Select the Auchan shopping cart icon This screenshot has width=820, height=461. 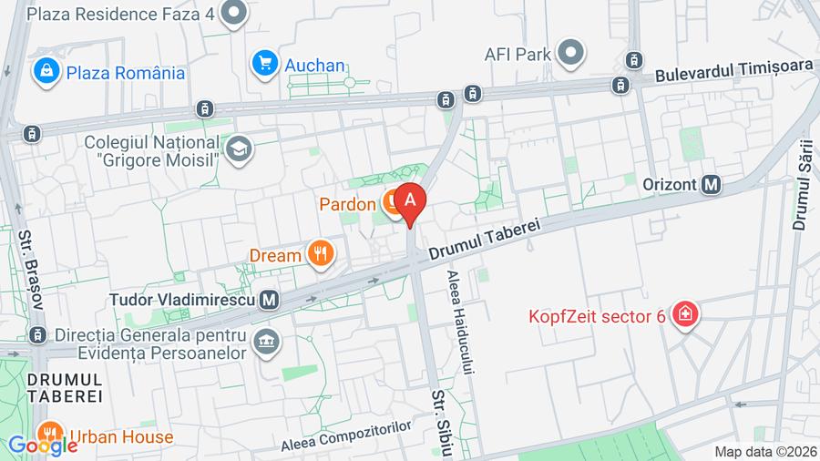[x=265, y=63]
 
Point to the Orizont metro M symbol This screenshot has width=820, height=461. [x=712, y=184]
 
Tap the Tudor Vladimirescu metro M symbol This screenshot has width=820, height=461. [x=269, y=299]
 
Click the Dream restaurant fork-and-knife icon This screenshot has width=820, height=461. [x=319, y=253]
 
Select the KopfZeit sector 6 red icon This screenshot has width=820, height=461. [x=681, y=315]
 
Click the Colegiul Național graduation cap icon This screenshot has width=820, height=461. [x=239, y=149]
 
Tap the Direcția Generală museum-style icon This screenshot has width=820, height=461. [x=267, y=342]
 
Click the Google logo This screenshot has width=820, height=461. [x=43, y=446]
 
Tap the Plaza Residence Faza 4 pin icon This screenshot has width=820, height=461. [x=235, y=14]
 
